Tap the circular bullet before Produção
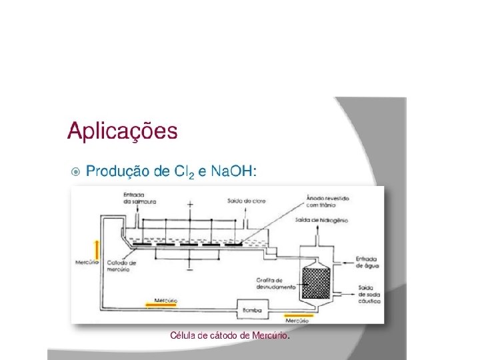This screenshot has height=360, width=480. click(x=75, y=172)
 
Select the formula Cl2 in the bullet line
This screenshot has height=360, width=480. click(x=183, y=173)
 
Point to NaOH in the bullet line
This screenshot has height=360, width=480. click(x=232, y=171)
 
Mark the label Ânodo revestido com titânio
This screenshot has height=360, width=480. click(x=327, y=201)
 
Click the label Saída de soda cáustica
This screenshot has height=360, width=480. click(x=369, y=294)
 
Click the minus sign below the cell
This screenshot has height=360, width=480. click(x=191, y=269)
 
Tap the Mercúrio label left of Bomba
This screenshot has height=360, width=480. click(x=165, y=301)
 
